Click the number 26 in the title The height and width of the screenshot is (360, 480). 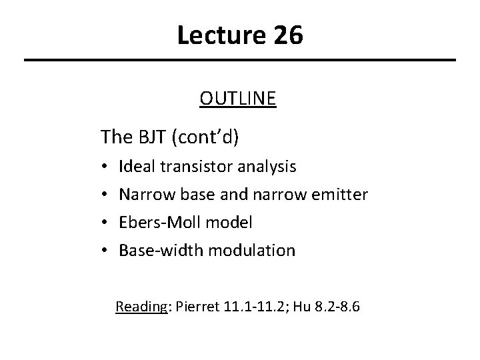click(287, 35)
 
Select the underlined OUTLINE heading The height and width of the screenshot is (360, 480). click(237, 99)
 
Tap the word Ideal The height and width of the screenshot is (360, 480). click(134, 166)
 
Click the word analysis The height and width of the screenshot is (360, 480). click(265, 166)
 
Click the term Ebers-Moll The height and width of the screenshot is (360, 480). click(160, 222)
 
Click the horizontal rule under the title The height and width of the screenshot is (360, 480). click(240, 61)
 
